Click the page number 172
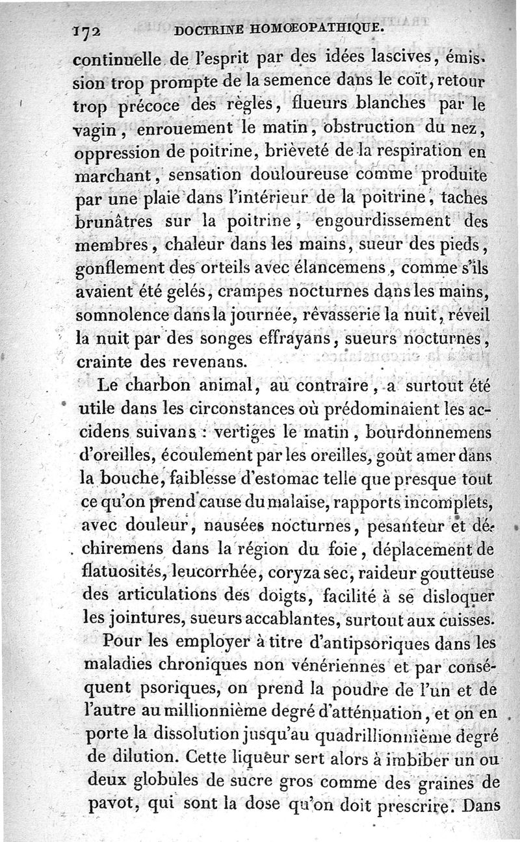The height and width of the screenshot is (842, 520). tap(90, 31)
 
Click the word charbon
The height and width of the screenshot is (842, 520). tap(153, 386)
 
